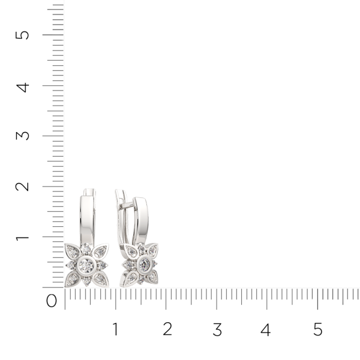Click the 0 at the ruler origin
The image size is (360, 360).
coord(52,301)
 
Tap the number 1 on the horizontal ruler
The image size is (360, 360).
coord(115,329)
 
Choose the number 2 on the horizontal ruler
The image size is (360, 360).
coord(167,329)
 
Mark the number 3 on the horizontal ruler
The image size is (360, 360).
coord(217,329)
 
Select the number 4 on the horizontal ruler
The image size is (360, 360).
coord(266,329)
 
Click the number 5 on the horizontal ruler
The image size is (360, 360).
coord(317,329)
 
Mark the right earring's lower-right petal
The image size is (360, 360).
coord(153,276)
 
